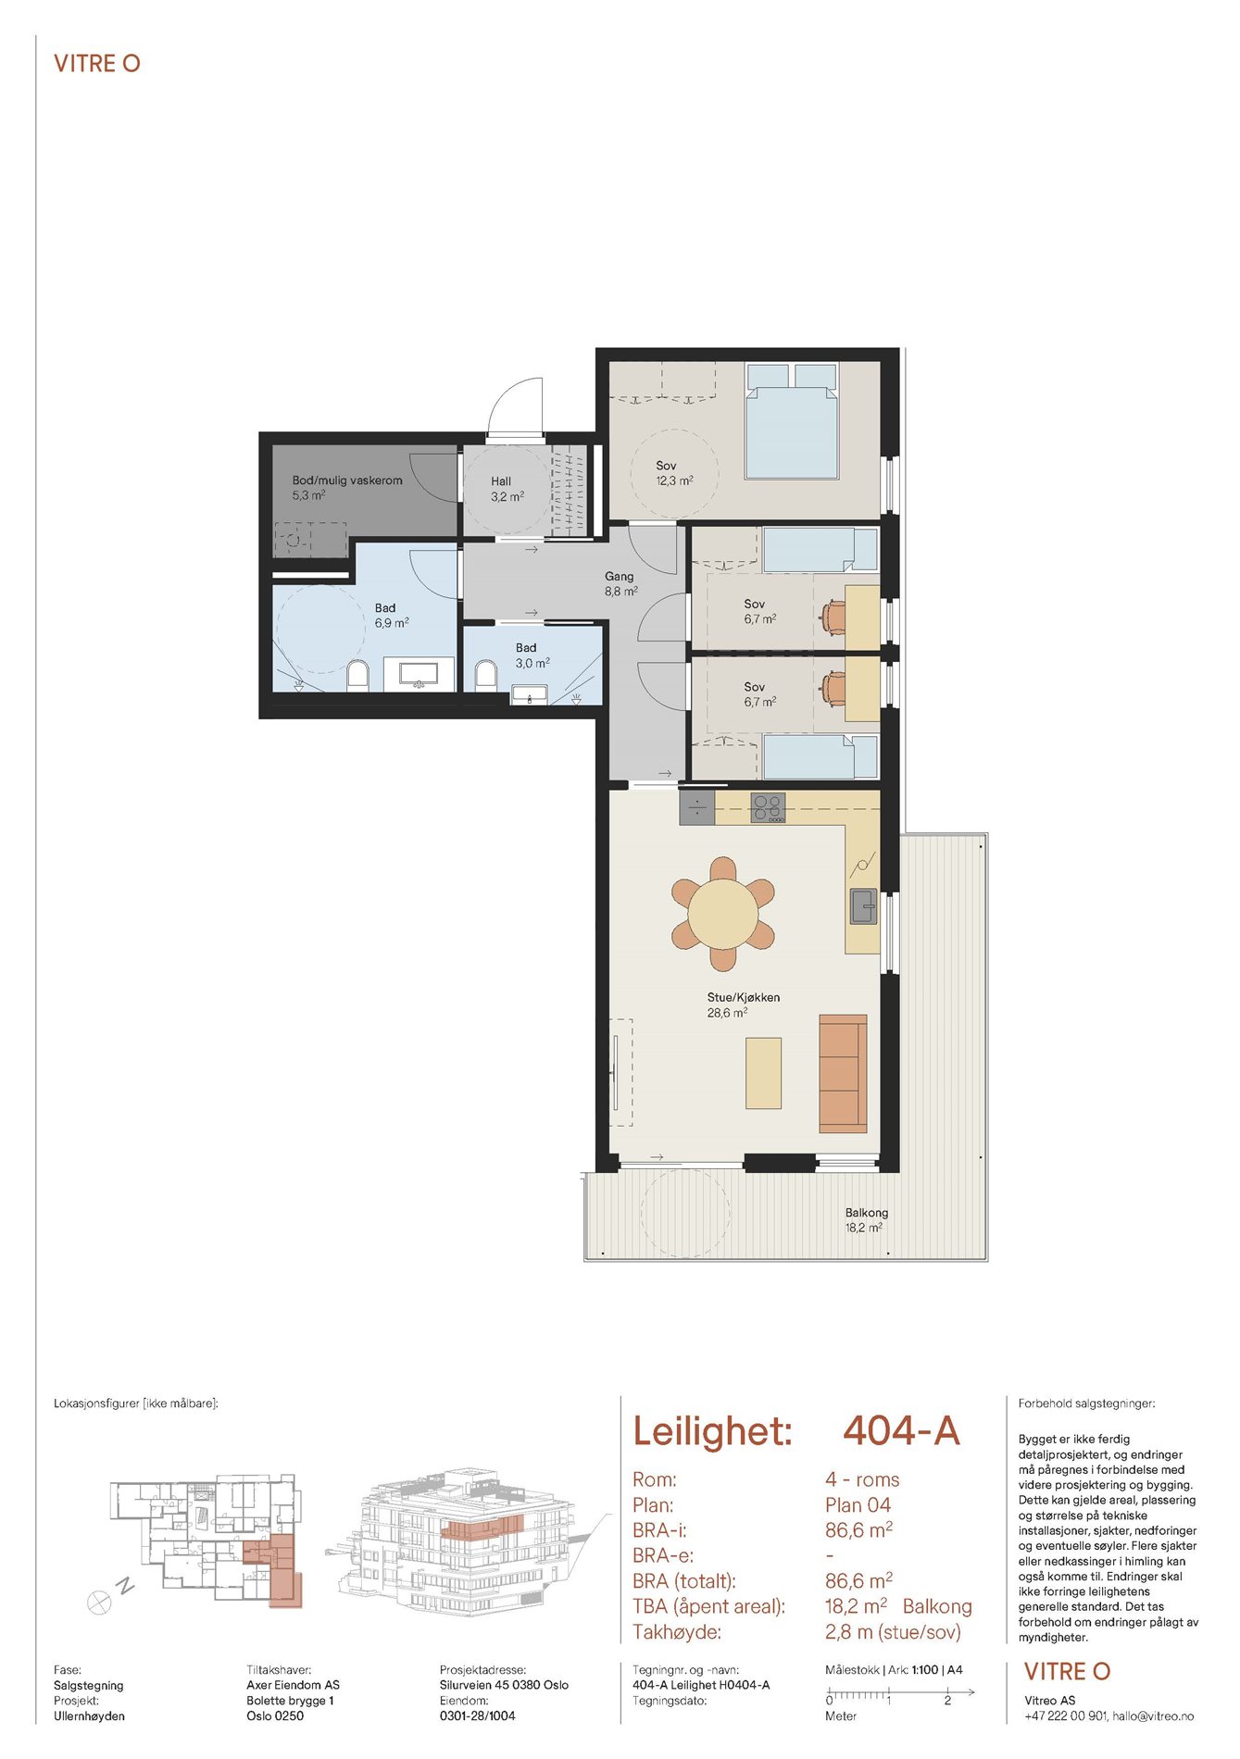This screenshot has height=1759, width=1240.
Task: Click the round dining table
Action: [723, 915]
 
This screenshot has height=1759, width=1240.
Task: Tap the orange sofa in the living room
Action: [843, 1074]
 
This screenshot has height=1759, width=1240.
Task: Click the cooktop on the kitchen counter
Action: [768, 807]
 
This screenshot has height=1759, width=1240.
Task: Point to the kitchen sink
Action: [864, 905]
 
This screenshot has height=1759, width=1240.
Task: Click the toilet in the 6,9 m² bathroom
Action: [357, 675]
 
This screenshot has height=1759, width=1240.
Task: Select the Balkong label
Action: [866, 1213]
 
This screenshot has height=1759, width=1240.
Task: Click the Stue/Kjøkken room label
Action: [744, 997]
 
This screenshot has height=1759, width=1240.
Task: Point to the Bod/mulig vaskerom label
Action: [347, 480]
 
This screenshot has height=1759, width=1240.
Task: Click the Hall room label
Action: [501, 481]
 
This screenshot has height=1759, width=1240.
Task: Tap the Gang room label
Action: [620, 576]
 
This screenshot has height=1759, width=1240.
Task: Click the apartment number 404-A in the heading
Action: [901, 1431]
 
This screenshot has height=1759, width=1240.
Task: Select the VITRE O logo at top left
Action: [97, 64]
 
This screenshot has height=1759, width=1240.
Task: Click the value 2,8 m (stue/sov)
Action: [893, 1632]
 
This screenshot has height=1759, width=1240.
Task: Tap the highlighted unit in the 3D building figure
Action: [482, 1528]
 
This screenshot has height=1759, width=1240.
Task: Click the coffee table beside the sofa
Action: [764, 1073]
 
